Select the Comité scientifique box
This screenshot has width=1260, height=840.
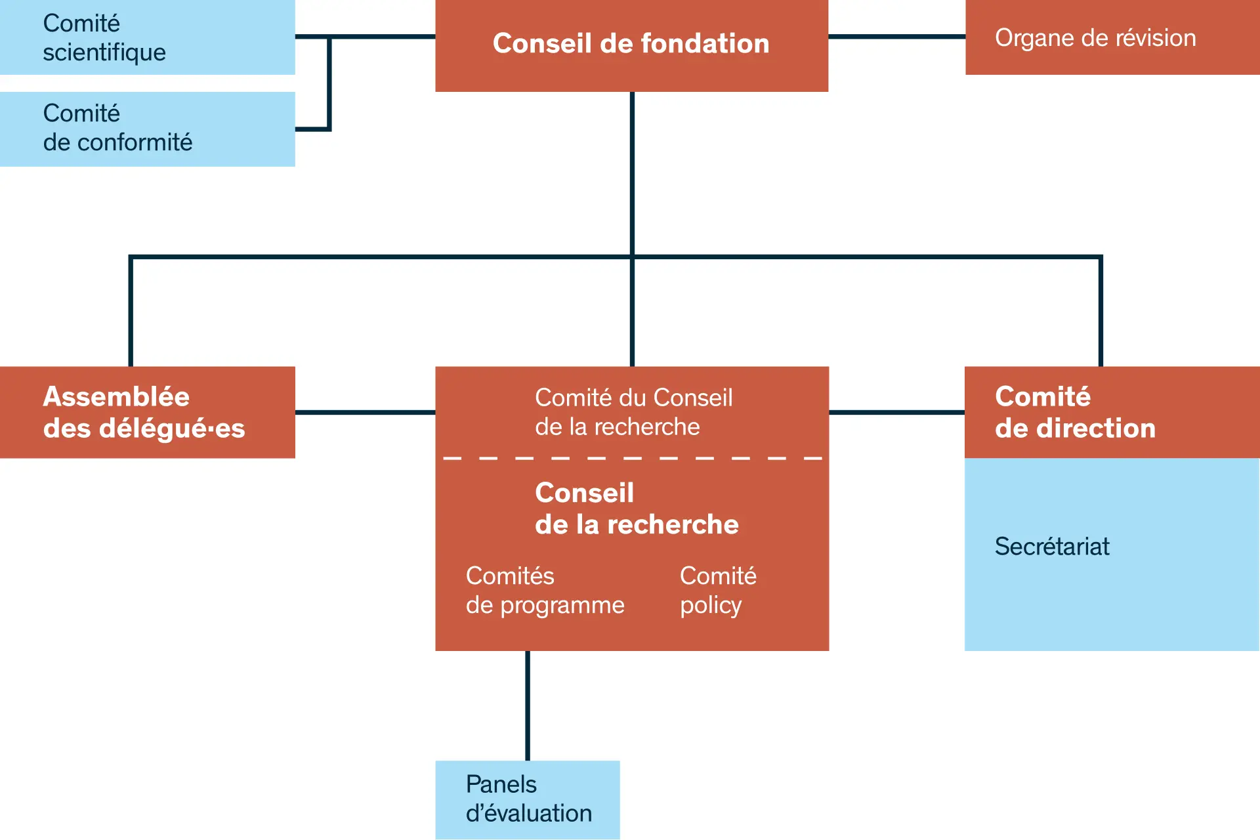coord(147,37)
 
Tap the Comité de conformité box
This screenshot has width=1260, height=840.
coord(147,129)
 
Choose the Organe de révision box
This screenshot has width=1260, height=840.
coord(1112,37)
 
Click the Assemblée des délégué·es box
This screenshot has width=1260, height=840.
coord(147,412)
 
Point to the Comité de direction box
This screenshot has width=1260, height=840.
coord(1112,412)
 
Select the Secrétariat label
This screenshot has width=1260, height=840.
coord(1052,547)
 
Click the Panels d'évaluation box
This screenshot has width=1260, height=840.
coord(528,799)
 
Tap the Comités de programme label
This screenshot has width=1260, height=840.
coord(545,591)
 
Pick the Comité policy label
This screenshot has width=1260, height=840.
coord(718,591)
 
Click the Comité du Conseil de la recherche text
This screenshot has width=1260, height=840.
coord(633,412)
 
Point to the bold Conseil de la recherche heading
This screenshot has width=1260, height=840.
coord(637,509)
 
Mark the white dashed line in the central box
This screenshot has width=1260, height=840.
coord(633,458)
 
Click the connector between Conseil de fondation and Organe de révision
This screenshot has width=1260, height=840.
coord(896,37)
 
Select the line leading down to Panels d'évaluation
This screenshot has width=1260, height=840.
coord(528,705)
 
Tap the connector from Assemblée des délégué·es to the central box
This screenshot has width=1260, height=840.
coord(365,412)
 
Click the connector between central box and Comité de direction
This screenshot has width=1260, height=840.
coord(896,412)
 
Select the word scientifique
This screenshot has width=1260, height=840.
coord(104,52)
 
